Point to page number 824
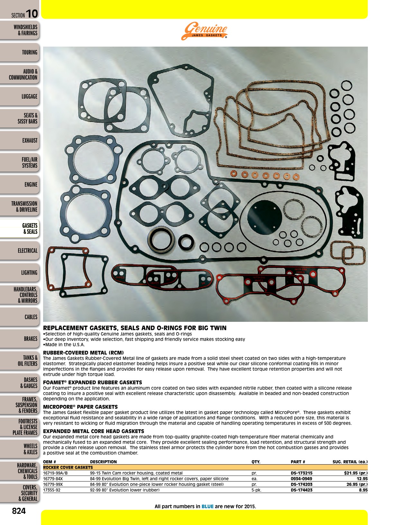click(x=19, y=511)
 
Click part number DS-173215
click(x=302, y=473)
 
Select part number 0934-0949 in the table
click(x=301, y=479)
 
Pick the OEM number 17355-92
click(x=52, y=490)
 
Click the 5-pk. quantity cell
click(x=256, y=490)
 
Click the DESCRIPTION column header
click(x=103, y=462)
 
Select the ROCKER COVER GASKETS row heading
click(x=68, y=467)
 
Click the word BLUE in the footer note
click(x=207, y=506)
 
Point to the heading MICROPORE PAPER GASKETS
click(x=80, y=407)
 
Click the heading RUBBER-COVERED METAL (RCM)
click(x=83, y=352)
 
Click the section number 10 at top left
click(x=32, y=14)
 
